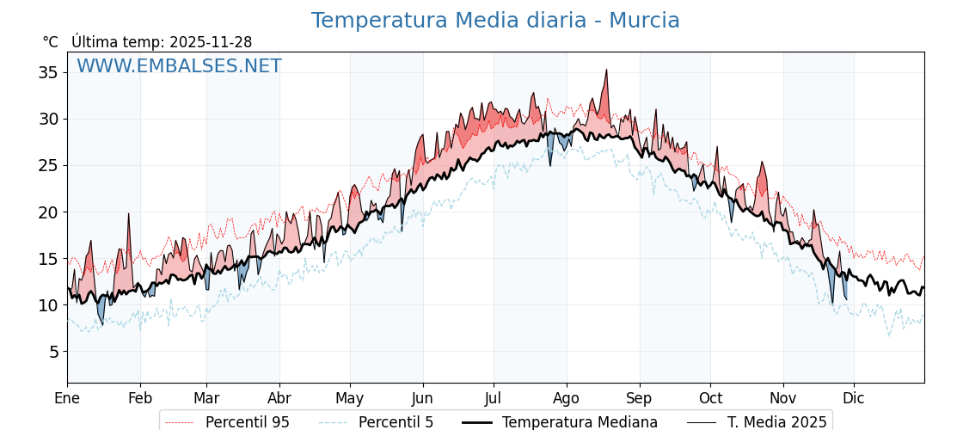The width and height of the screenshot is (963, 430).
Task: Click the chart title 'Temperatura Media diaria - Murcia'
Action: [495, 21]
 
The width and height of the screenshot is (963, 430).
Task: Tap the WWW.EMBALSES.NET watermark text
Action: [179, 66]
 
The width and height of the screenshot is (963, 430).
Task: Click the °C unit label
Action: [51, 42]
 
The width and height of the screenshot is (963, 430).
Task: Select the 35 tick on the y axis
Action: [48, 72]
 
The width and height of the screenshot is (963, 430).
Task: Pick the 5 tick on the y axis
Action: [52, 352]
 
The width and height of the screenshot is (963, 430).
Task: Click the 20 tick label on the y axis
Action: [48, 212]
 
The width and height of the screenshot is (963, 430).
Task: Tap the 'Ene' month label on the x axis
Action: [67, 398]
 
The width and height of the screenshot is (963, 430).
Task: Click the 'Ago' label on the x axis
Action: [567, 398]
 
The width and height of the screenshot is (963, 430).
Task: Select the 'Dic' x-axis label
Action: [854, 398]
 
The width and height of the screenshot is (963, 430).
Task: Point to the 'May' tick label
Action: [350, 398]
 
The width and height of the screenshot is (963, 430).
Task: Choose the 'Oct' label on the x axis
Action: [710, 398]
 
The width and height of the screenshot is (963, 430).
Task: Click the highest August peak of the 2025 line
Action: [606, 71]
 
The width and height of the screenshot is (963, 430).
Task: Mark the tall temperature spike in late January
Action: [129, 214]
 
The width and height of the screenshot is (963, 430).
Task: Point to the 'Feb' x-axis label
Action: [140, 398]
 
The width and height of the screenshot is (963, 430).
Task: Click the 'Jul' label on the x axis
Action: [494, 398]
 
